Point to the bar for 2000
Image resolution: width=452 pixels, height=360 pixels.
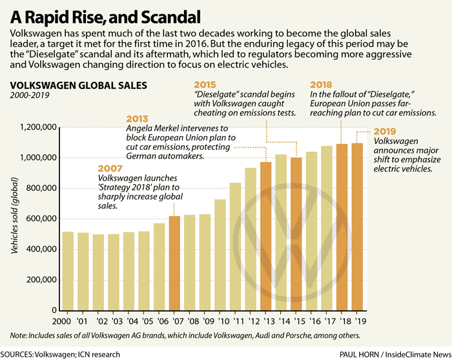pos(68,271)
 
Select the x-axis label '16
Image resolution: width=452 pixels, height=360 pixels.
pos(313,320)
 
